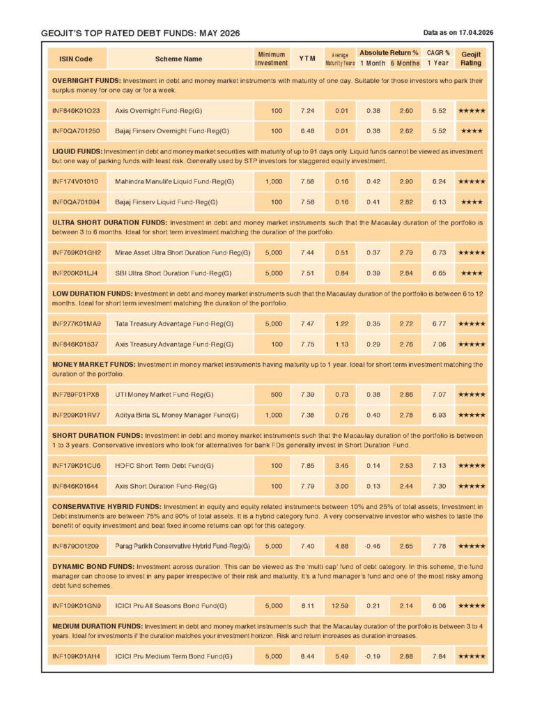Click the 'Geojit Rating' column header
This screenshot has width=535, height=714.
click(x=471, y=59)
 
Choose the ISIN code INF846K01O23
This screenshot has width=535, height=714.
click(x=76, y=111)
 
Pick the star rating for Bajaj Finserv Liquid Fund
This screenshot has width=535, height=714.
click(x=471, y=202)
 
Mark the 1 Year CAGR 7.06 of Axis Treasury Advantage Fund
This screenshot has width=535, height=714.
click(x=439, y=344)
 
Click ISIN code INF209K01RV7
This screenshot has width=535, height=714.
click(x=76, y=415)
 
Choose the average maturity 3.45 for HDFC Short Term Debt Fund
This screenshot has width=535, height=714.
click(x=341, y=466)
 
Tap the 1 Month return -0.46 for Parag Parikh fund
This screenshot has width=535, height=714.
click(x=373, y=546)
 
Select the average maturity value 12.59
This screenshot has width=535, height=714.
click(x=341, y=606)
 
